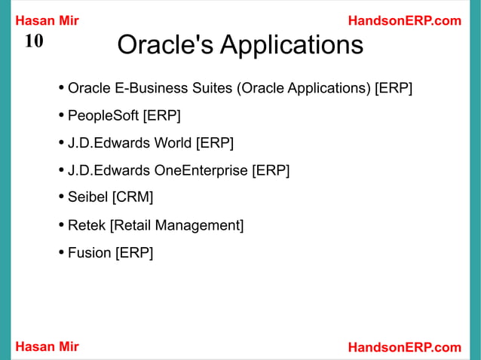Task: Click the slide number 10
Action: point(34,41)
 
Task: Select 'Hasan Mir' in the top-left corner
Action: point(47,20)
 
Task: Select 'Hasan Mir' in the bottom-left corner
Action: point(47,346)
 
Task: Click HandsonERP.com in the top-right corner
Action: point(404,20)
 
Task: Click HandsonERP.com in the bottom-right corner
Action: point(404,346)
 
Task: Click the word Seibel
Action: point(87,197)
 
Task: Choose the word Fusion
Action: point(89,252)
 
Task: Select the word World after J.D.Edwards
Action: point(173,143)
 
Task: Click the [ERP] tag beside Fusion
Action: point(133,252)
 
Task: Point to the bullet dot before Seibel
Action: point(60,197)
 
